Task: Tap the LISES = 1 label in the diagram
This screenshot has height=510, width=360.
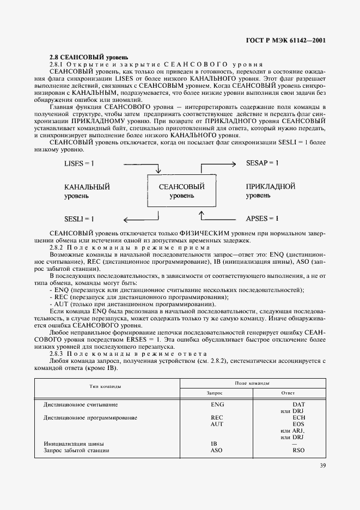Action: (79, 163)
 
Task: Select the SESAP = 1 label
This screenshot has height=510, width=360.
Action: (263, 163)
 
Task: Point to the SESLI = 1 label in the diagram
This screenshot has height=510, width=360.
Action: (79, 218)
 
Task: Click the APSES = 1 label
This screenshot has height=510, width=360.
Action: (262, 218)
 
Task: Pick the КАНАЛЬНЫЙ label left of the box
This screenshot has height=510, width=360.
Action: (87, 187)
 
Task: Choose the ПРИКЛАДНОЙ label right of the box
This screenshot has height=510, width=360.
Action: (271, 187)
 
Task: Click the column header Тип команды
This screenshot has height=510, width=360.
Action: (105, 386)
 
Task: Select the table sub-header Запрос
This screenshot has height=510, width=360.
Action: (215, 392)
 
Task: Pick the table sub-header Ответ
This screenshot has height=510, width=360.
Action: (288, 392)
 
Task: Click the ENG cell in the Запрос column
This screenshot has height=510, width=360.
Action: (217, 405)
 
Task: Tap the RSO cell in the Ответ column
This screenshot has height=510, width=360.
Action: (298, 451)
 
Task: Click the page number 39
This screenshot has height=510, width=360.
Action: (322, 465)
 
